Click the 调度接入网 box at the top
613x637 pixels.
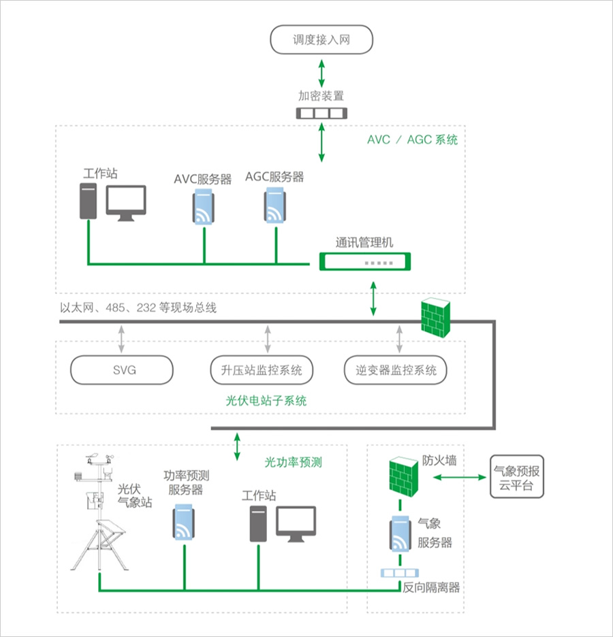[x=321, y=39]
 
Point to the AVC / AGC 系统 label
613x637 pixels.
[x=412, y=140]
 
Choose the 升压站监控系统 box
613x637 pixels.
[x=262, y=370]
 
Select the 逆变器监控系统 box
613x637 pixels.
[x=396, y=370]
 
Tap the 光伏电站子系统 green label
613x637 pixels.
[x=266, y=401]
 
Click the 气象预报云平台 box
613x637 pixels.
[x=517, y=478]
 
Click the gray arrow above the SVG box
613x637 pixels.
[x=121, y=338]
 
